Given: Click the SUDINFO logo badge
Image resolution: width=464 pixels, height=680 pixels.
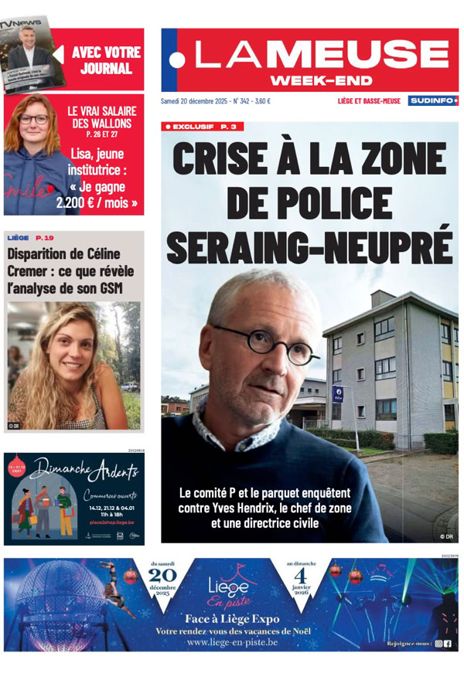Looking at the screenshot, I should click(x=433, y=100).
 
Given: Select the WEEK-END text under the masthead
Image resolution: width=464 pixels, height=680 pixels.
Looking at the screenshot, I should click(x=321, y=80).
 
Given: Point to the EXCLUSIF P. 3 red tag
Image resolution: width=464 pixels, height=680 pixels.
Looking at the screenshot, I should click(x=200, y=126).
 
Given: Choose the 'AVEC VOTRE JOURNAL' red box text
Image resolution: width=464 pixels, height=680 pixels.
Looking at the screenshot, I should click(x=106, y=60).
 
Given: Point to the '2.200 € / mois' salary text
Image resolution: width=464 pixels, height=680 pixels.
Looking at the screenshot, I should click(x=97, y=204).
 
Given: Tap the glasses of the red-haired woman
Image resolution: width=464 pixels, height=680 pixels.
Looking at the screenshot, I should click(x=33, y=121).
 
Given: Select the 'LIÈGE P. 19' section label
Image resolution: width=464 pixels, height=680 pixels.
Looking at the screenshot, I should click(x=30, y=238).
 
